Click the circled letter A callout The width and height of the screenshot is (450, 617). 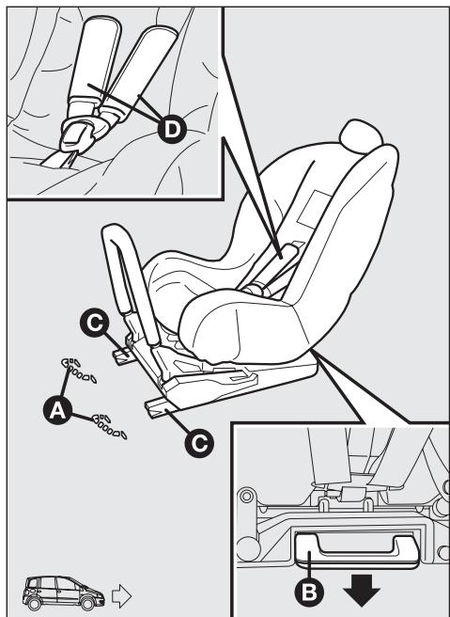(57, 410)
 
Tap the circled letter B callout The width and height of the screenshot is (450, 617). (309, 592)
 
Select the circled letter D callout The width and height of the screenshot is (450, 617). (171, 129)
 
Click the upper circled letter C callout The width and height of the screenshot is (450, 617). (95, 323)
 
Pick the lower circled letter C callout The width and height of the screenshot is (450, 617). (199, 443)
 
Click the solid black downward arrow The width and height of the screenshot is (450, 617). (362, 590)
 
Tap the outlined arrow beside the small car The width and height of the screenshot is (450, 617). (121, 595)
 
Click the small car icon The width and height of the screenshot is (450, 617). (64, 593)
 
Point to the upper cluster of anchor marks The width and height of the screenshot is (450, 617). (79, 370)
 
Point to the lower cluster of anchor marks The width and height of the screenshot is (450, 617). (109, 426)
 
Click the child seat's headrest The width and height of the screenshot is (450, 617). (361, 136)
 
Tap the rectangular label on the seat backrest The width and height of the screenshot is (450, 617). (315, 210)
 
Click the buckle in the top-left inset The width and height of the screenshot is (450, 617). (79, 135)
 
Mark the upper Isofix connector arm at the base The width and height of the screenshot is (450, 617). (124, 356)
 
